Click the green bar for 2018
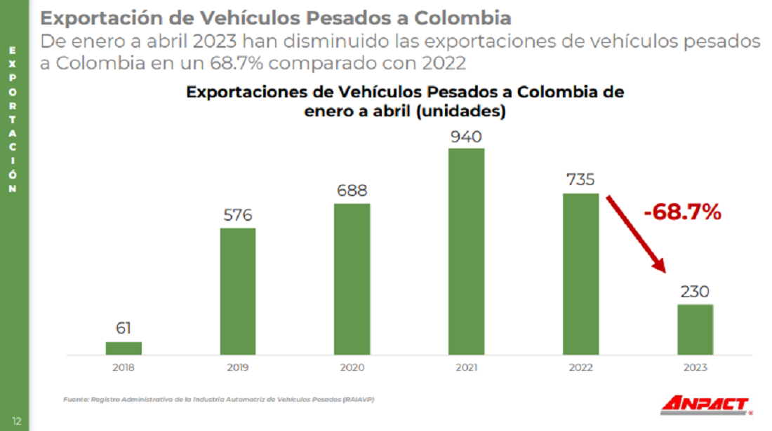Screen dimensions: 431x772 tap(124, 348)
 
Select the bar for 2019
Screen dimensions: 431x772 tap(238, 291)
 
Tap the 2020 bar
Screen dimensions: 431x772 tap(352, 279)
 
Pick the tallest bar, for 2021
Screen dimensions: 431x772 tap(466, 251)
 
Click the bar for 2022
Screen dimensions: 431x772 tap(580, 273)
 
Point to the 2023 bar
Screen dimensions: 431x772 tap(695, 329)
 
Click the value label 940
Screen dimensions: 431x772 tap(467, 136)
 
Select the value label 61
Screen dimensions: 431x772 tap(124, 328)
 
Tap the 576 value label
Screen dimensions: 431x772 tap(238, 215)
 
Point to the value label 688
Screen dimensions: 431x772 tap(352, 191)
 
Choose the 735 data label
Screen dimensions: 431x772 tap(580, 180)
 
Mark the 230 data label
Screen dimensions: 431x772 tap(695, 291)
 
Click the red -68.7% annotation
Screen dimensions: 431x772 tap(682, 212)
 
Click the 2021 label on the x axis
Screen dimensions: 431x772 tap(466, 367)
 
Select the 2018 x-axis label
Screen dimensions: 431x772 tap(124, 367)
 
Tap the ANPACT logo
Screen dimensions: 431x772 tap(704, 404)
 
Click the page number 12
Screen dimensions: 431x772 tap(16, 421)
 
